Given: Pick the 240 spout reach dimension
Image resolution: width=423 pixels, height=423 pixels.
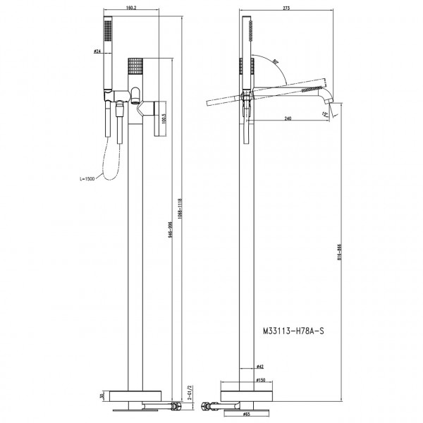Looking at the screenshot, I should click(288, 118).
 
